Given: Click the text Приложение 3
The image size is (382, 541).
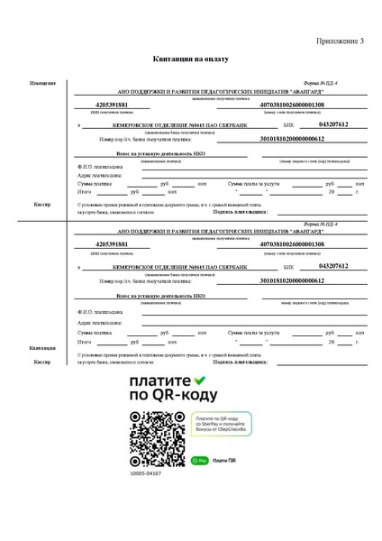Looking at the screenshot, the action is (340, 41).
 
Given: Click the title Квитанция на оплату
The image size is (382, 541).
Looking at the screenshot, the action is (192, 60).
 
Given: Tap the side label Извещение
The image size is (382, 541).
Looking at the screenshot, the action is (42, 83).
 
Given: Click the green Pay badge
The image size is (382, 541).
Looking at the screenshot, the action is (199, 460).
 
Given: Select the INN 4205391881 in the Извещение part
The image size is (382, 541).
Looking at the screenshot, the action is (112, 105).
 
